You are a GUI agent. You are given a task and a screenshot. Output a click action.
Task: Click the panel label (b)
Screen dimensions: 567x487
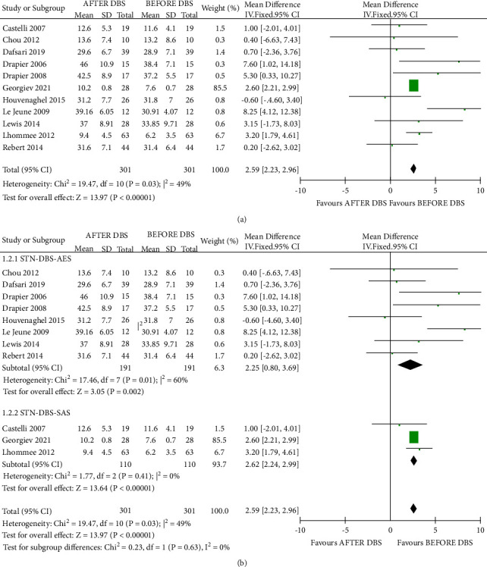click(x=242, y=561)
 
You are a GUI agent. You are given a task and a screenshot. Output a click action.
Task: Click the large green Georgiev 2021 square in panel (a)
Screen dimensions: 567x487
click(x=413, y=85)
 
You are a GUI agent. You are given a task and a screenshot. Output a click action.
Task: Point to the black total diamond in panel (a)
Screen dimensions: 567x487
click(x=413, y=168)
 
